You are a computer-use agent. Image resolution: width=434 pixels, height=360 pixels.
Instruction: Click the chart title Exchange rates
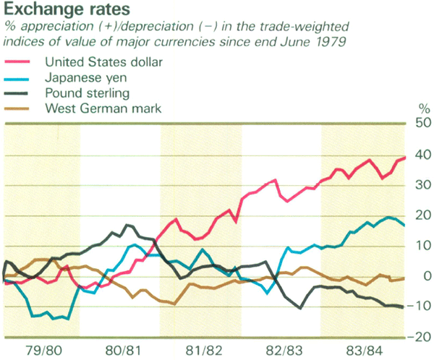click(x=59, y=10)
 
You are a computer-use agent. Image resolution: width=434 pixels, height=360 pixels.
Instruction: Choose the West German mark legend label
click(x=103, y=109)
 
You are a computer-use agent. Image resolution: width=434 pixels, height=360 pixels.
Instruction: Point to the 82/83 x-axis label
click(x=282, y=351)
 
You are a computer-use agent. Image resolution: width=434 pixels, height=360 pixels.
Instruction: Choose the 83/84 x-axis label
click(x=362, y=351)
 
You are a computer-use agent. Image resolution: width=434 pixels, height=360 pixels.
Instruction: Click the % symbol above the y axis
click(x=423, y=108)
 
